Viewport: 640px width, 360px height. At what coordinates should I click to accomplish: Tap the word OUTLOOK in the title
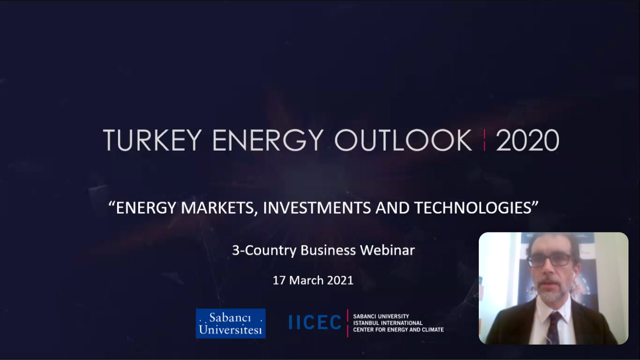[x=403, y=140]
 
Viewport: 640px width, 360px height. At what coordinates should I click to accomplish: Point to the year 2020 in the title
[x=527, y=140]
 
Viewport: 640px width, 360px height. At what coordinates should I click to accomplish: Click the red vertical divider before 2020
[x=484, y=140]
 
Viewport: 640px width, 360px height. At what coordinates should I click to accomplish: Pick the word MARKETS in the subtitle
[x=217, y=208]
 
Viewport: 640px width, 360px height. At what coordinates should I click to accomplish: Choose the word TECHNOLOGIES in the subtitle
[x=473, y=208]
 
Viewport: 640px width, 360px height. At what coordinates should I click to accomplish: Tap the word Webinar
[x=387, y=250]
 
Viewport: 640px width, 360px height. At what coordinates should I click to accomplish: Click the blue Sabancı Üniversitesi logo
[x=231, y=324]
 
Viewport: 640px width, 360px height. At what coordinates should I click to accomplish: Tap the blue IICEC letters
[x=315, y=322]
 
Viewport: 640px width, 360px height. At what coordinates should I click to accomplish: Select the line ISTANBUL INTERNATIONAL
[x=388, y=323]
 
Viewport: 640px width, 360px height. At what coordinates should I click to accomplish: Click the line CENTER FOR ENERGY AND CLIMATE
[x=398, y=330]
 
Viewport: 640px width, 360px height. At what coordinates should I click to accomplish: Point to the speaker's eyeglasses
[x=549, y=261]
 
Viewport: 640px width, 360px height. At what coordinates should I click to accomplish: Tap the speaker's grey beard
[x=552, y=293]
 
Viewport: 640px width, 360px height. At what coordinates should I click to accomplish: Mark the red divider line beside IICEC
[x=347, y=323]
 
